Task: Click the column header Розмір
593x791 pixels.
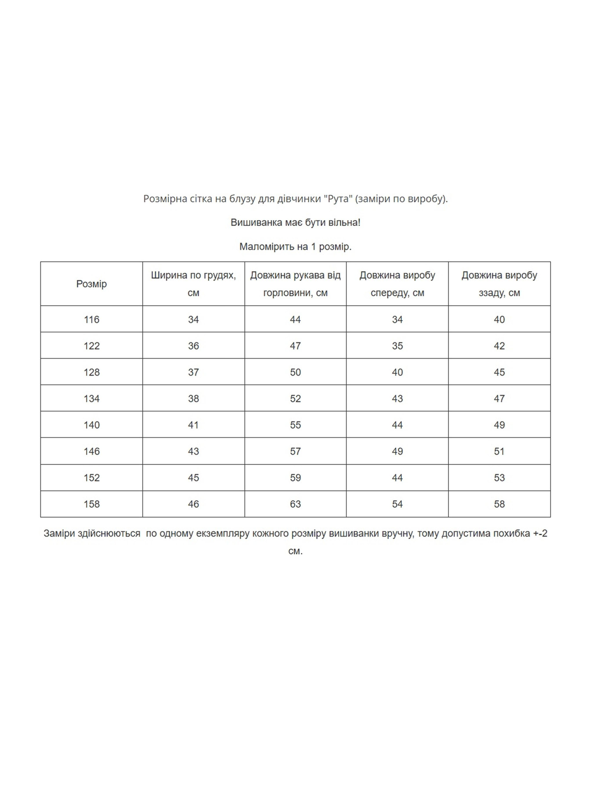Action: coord(91,284)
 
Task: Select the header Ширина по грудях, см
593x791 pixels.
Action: coord(193,284)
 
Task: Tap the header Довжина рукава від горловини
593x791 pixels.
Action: coord(295,284)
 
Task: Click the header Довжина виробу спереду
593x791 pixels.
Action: coord(397,284)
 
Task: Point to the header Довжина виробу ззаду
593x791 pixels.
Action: coord(499,284)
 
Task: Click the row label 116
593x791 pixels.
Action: coord(91,319)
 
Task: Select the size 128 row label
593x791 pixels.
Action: coord(91,372)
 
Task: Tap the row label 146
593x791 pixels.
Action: coord(91,451)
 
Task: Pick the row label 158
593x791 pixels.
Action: coord(91,504)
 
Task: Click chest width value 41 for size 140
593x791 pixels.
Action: coord(193,425)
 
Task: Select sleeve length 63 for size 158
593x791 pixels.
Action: coord(295,504)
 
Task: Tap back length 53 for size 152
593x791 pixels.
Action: coord(499,478)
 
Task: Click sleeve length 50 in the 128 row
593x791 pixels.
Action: coord(295,372)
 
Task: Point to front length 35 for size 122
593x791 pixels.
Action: coord(397,346)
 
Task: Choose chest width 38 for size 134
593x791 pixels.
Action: coord(193,398)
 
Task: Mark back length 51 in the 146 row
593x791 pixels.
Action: coord(499,451)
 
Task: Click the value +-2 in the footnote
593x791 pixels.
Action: coord(540,533)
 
